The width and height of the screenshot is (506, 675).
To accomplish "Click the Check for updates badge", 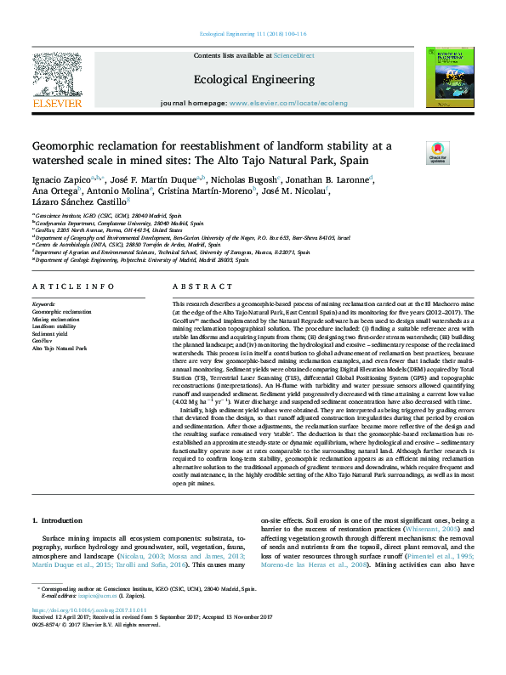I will tap(437, 153).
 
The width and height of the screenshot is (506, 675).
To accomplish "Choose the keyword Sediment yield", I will tap(48, 333).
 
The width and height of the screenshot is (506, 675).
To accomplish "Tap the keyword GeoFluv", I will tap(43, 341).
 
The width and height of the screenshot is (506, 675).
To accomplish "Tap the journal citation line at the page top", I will tap(253, 33).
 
